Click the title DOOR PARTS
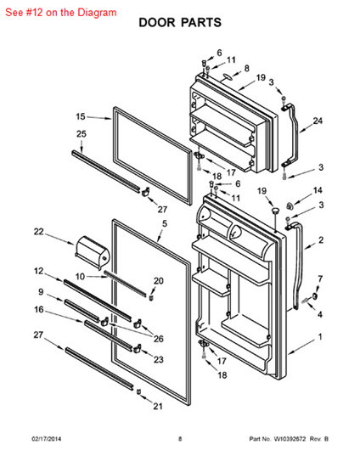pyautogui.click(x=180, y=23)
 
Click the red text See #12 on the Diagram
pyautogui.click(x=61, y=13)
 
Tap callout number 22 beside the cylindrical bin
pyautogui.click(x=39, y=232)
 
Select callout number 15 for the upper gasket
pyautogui.click(x=81, y=116)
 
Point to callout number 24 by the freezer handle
pyautogui.click(x=318, y=121)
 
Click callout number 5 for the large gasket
pyautogui.click(x=165, y=223)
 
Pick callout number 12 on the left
pyautogui.click(x=38, y=271)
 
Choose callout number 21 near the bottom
pyautogui.click(x=158, y=406)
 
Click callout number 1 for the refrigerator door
pyautogui.click(x=320, y=337)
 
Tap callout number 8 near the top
pyautogui.click(x=246, y=69)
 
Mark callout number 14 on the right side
pyautogui.click(x=318, y=190)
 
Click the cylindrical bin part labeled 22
pyautogui.click(x=92, y=252)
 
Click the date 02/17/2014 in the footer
pyautogui.click(x=47, y=439)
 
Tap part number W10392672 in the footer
pyautogui.click(x=290, y=439)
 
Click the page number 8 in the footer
pyautogui.click(x=180, y=439)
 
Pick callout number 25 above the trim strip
pyautogui.click(x=82, y=133)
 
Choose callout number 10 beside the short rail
pyautogui.click(x=80, y=277)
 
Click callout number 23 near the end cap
pyautogui.click(x=159, y=359)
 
